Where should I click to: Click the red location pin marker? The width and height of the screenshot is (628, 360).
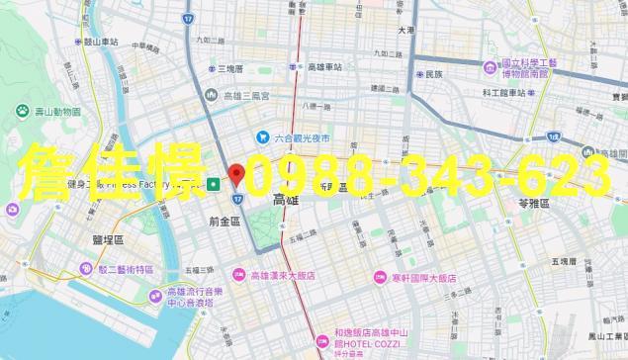[236, 176]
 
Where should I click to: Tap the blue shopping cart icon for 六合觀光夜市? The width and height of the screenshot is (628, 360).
[263, 136]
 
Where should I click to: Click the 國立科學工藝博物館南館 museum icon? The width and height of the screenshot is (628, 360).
[491, 67]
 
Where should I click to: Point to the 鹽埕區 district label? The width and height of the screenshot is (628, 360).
[104, 240]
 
